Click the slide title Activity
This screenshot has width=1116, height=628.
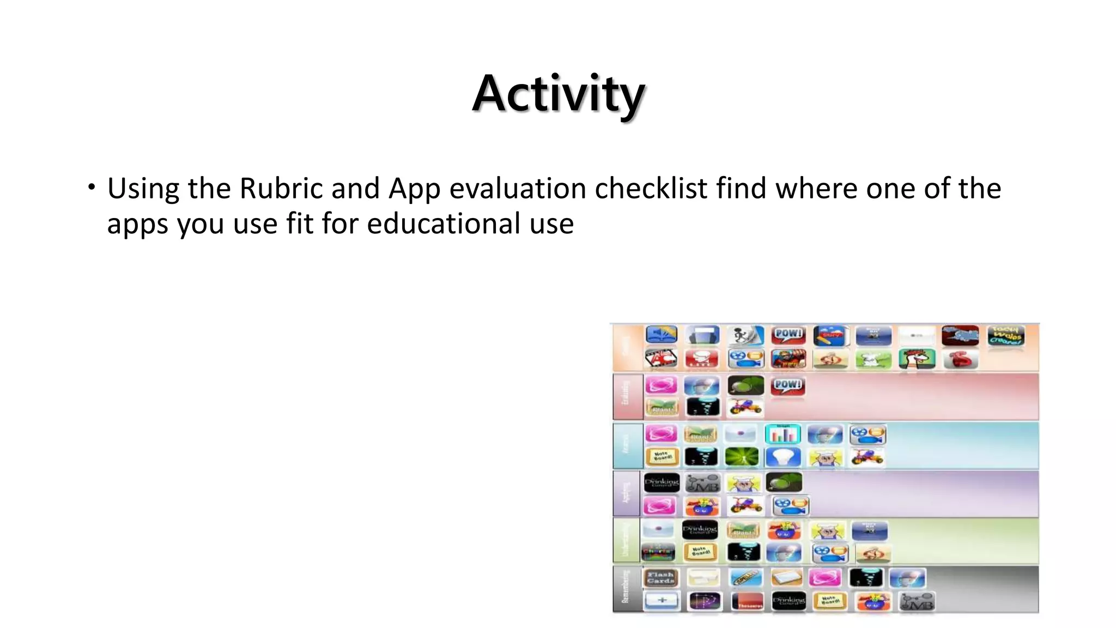point(558,94)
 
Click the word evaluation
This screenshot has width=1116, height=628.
point(518,189)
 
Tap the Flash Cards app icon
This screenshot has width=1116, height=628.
point(660,577)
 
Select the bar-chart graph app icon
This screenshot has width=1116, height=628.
point(783,434)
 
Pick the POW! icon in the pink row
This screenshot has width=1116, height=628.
point(788,385)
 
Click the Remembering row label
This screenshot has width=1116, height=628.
point(626,588)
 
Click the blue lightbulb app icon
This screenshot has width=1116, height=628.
point(783,457)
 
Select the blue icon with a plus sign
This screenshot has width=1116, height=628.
point(662,601)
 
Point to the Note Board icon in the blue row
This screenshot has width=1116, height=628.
point(662,457)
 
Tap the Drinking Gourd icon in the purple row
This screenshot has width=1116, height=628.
point(662,482)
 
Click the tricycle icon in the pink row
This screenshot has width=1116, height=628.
point(745,407)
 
